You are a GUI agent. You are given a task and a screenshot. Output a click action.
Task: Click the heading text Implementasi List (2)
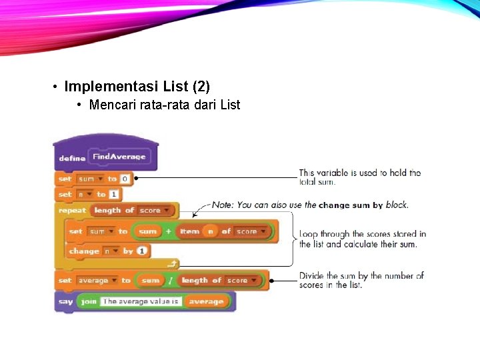[137, 87]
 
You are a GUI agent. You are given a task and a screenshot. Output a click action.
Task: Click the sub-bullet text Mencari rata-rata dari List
[164, 105]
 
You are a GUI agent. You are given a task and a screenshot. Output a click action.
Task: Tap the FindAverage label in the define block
[119, 157]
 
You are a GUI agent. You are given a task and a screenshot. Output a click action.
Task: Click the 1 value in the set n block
[115, 194]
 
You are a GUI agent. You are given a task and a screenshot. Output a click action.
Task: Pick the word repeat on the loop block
[73, 210]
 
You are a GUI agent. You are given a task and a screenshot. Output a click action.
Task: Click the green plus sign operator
[169, 231]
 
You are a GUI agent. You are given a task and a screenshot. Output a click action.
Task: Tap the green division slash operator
[171, 281]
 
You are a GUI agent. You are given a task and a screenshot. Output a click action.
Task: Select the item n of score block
[225, 231]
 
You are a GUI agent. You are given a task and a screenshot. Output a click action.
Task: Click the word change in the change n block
[83, 251]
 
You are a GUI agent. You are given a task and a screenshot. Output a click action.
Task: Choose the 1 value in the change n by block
[143, 251]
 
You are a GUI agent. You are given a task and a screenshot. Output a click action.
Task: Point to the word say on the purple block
[66, 301]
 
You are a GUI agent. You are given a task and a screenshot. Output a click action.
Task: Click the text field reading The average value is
[141, 301]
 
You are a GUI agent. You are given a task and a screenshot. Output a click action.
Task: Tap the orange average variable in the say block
[205, 301]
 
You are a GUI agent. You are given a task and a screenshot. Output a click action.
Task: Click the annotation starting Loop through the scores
[362, 239]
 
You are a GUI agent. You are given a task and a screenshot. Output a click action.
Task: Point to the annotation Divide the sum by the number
[361, 280]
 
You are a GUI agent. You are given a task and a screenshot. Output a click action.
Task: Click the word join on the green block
[89, 301]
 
